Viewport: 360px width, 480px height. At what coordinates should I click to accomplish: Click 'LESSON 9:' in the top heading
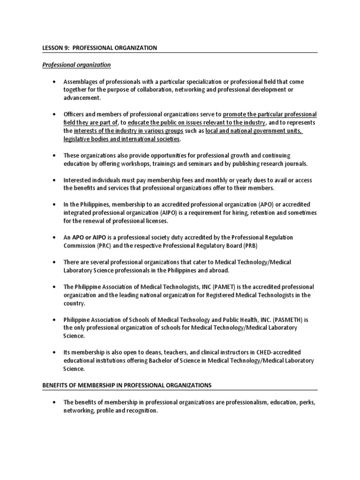click(x=50, y=48)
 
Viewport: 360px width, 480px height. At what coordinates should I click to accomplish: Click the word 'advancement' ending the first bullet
click(x=82, y=97)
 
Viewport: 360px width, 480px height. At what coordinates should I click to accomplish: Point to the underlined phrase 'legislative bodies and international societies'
click(x=122, y=139)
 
